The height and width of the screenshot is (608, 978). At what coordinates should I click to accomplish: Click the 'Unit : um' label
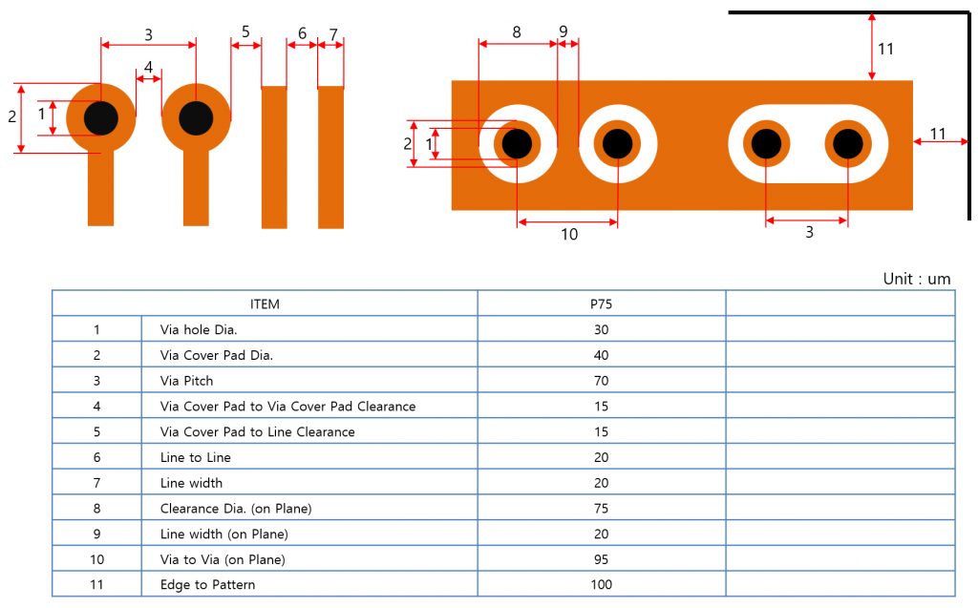916,279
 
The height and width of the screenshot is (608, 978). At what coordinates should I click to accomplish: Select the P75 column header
602,304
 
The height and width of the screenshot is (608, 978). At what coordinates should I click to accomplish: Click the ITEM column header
265,304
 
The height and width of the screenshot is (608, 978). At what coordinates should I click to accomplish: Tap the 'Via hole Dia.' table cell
199,330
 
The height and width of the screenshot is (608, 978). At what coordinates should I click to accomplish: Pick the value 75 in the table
602,508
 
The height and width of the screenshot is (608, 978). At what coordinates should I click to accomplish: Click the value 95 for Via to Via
602,559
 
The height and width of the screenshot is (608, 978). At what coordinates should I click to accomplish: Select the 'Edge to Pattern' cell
207,585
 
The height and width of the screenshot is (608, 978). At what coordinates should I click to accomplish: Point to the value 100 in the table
602,585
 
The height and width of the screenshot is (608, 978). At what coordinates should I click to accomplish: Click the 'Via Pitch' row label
186,381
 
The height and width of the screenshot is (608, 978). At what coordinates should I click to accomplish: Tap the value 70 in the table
602,381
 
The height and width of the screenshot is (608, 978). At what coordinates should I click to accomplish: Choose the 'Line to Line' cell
195,458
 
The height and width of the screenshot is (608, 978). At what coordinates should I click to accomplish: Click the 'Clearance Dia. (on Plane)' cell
236,509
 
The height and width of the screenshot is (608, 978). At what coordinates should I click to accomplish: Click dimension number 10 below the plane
569,235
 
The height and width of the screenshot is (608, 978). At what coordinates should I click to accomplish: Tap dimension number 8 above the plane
517,32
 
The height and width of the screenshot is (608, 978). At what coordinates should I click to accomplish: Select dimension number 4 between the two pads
148,67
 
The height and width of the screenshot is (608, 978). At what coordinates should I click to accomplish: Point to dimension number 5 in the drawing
245,31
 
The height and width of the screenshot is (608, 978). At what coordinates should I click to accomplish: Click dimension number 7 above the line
333,34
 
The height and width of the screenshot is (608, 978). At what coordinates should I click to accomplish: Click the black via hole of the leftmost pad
101,117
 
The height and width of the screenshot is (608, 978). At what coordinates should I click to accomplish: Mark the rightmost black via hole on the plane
848,143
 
